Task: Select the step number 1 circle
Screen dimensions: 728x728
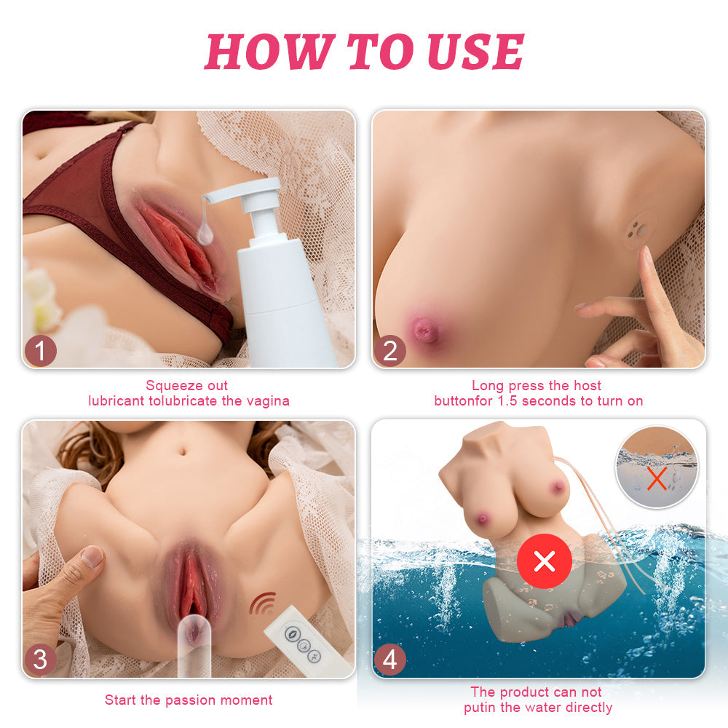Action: point(41,351)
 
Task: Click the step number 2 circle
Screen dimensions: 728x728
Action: point(389,351)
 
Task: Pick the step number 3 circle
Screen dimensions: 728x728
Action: point(41,660)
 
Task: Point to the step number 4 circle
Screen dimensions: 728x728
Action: point(389,660)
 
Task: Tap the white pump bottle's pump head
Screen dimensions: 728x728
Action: point(245,195)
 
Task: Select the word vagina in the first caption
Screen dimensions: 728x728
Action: point(267,400)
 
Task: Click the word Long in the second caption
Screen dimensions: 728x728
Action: point(487,385)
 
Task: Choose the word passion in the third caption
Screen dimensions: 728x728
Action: point(196,700)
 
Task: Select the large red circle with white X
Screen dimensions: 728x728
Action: point(545,561)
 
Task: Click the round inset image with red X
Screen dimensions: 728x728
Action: point(657,467)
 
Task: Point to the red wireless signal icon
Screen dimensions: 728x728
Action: point(263,603)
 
